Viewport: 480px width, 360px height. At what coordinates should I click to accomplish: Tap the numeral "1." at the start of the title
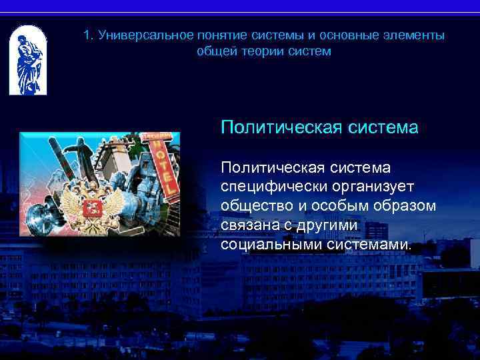[89, 35]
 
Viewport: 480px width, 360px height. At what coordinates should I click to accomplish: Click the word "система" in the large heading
[383, 127]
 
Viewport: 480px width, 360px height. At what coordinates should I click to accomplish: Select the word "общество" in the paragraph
[254, 205]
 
